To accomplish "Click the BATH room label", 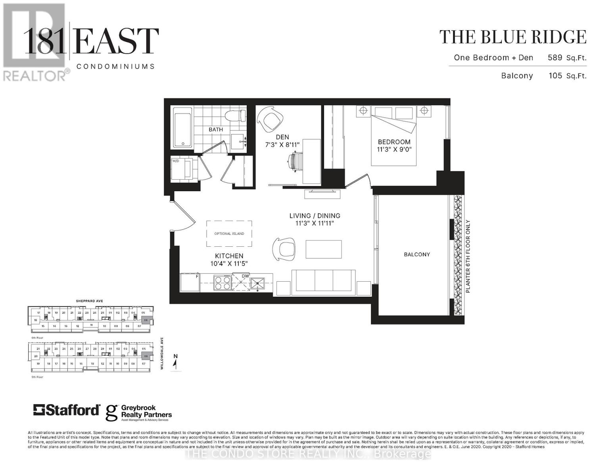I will pos(216,129).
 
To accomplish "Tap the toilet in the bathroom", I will pos(234,116).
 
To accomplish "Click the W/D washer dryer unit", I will pos(181,170).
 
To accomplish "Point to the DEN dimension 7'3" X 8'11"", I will pos(282,145).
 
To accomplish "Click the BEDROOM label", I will pos(394,142).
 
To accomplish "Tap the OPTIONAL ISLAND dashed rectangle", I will pos(229,234).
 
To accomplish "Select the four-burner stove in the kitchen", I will pos(223,283).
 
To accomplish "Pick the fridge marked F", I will pos(190,282).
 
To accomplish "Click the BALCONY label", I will pos(417,254).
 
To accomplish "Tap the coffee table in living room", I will pos(324,249).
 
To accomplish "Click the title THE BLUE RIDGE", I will pos(512,37).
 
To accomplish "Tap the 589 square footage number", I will pos(555,58).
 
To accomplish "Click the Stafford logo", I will pos(66,410).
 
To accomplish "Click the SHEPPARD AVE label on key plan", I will pos(89,301).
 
